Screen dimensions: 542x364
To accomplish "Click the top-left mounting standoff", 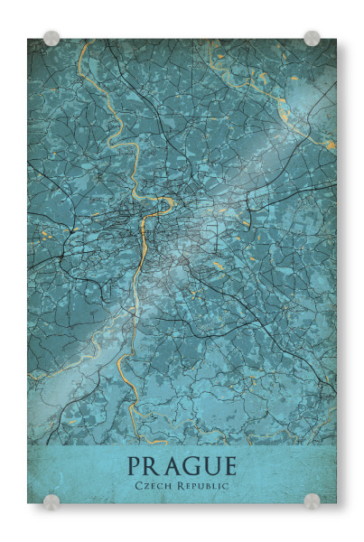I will (51, 38).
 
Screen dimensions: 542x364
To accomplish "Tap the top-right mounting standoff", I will (312, 38).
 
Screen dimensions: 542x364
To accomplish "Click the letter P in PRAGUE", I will (135, 467).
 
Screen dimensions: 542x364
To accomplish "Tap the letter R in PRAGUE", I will (153, 467).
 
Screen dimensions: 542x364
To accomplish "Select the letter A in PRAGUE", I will (172, 467).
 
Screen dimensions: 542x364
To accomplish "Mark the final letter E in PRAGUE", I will (229, 467).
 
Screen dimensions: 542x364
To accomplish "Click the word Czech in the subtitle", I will (153, 487).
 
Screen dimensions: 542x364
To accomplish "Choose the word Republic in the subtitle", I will (203, 487).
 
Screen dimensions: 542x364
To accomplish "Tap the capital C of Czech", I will (137, 487).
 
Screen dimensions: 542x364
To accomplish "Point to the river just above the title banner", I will (145, 435).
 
